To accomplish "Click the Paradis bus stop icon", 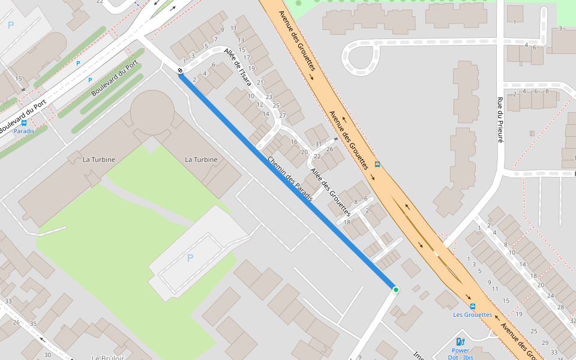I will [24, 122].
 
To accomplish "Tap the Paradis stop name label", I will [24, 131].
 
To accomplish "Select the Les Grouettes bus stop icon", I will [473, 306].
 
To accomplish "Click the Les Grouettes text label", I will [472, 314].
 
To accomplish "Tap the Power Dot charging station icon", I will [460, 342].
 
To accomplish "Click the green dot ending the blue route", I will [395, 290].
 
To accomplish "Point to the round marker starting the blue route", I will [180, 71].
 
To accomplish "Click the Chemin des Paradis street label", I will [290, 179].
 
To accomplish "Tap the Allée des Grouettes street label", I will [330, 192].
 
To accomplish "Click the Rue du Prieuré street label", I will [499, 119].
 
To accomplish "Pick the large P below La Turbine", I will [190, 258].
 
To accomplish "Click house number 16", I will [294, 142].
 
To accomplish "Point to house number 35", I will [34, 324].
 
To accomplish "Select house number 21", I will [260, 82].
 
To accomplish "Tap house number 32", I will [572, 321].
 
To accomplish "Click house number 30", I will [47, 355].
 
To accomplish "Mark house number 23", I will [268, 97].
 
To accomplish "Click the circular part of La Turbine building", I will [152, 112].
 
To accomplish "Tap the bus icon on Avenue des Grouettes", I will [377, 164].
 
